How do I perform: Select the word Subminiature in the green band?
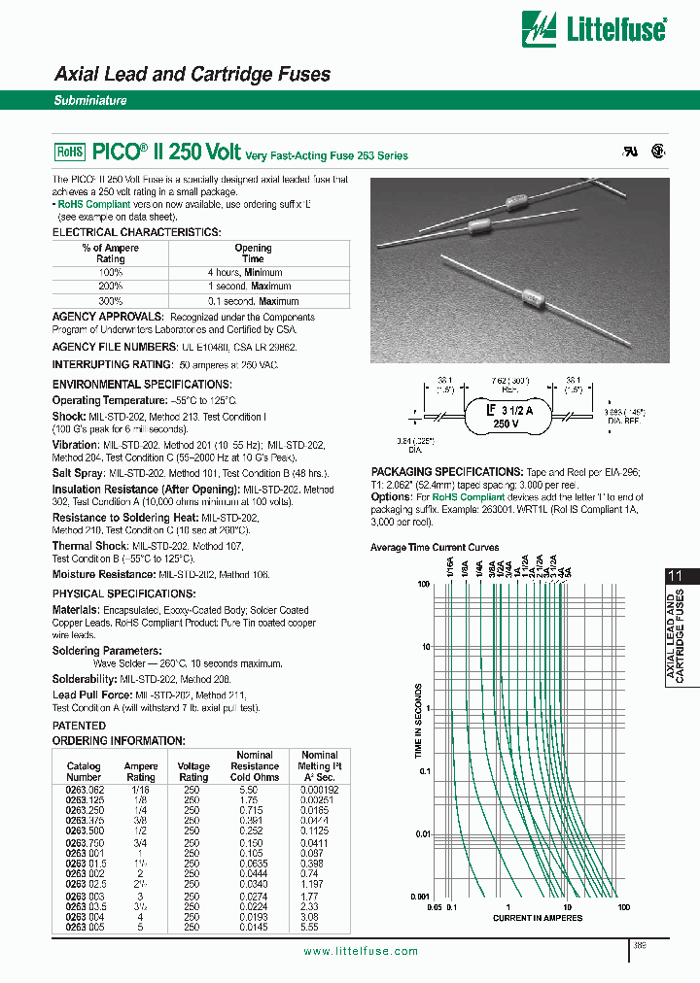(89, 100)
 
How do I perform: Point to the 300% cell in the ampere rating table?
(110, 301)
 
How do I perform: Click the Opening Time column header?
(253, 254)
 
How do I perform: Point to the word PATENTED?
(79, 725)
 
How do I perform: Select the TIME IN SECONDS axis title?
(419, 720)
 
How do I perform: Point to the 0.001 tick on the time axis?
(419, 895)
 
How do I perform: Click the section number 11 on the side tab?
(675, 576)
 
